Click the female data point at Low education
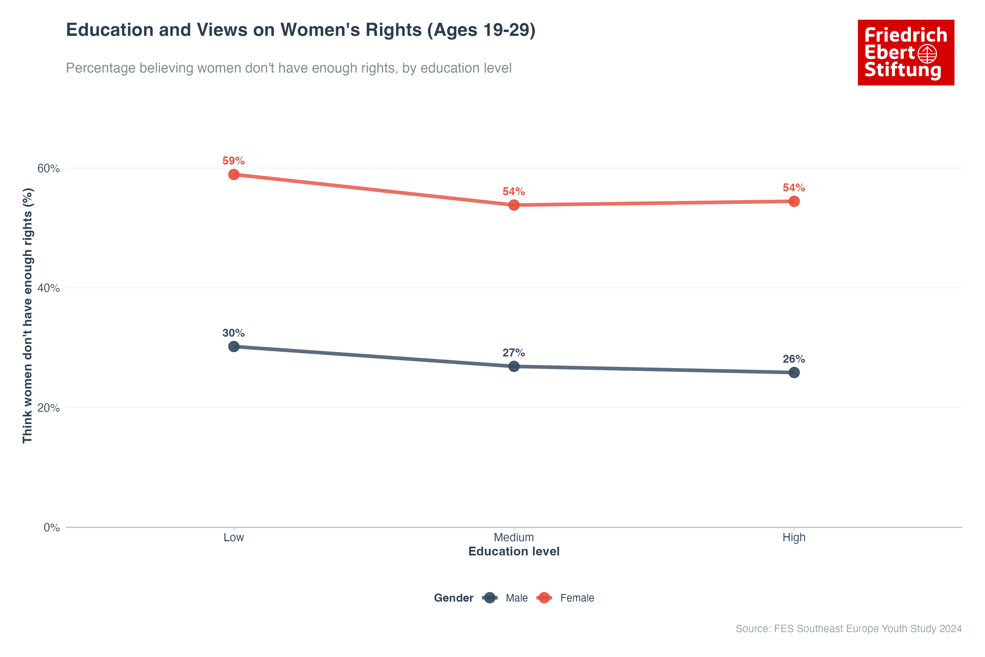(x=234, y=174)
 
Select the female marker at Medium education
(x=514, y=205)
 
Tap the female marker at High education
(x=794, y=201)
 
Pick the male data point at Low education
(x=234, y=347)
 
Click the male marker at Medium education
(x=514, y=366)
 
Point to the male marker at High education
(x=794, y=373)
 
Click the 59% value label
(x=233, y=161)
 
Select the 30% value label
(x=233, y=333)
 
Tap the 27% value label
(x=514, y=353)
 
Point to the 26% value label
(x=794, y=359)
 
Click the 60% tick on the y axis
(x=49, y=168)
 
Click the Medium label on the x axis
(x=514, y=538)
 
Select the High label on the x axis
(x=794, y=538)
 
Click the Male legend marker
(x=489, y=598)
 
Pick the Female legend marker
(x=544, y=598)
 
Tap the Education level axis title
(x=514, y=551)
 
